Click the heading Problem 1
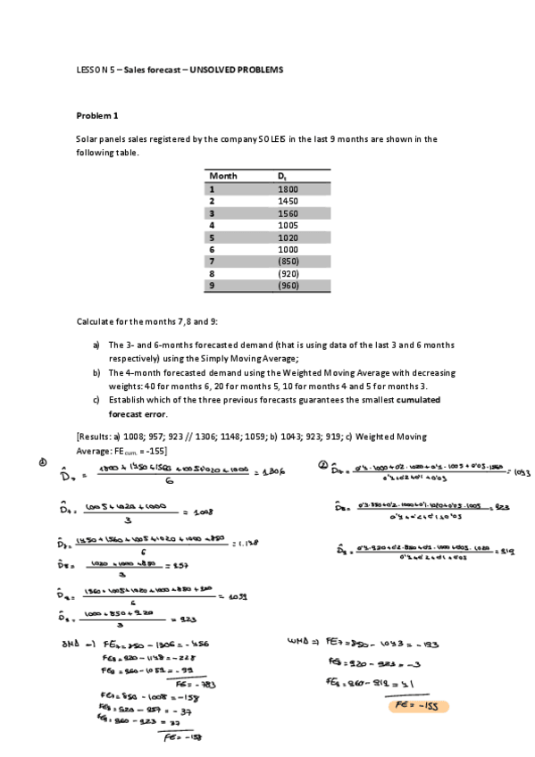pyautogui.click(x=97, y=115)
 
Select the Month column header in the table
pyautogui.click(x=223, y=176)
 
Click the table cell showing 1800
pyautogui.click(x=288, y=189)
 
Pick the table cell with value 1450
pyautogui.click(x=288, y=202)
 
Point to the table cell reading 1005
pyautogui.click(x=288, y=226)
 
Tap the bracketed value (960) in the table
pyautogui.click(x=288, y=286)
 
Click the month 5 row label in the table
pyautogui.click(x=213, y=238)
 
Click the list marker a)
pyautogui.click(x=96, y=345)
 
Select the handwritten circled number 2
pyautogui.click(x=323, y=464)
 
